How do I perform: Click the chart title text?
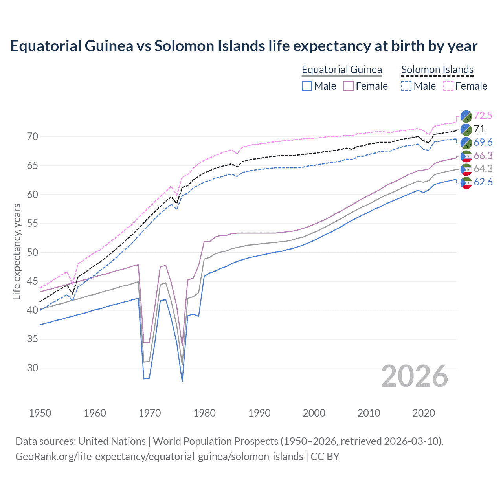pos(244,46)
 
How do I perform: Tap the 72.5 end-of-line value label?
pos(483,116)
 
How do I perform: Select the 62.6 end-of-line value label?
pos(483,182)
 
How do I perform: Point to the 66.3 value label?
pos(483,156)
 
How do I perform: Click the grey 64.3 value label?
pos(483,169)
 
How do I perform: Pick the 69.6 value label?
pos(483,142)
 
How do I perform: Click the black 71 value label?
pos(479,129)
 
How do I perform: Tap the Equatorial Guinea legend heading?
pos(341,70)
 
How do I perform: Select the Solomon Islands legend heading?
pos(437,70)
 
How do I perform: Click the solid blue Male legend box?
pos(307,86)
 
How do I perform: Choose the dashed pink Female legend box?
pos(448,86)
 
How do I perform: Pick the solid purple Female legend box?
pos(349,86)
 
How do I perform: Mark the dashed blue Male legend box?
pos(406,86)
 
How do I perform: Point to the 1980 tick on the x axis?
pos(204,413)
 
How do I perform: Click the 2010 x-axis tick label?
pos(369,413)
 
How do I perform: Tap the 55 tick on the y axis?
pos(33,224)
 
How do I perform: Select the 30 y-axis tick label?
pos(33,368)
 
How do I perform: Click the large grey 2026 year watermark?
pos(414,376)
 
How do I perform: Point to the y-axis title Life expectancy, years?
pos(17,251)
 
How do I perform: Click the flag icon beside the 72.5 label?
pos(466,116)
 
